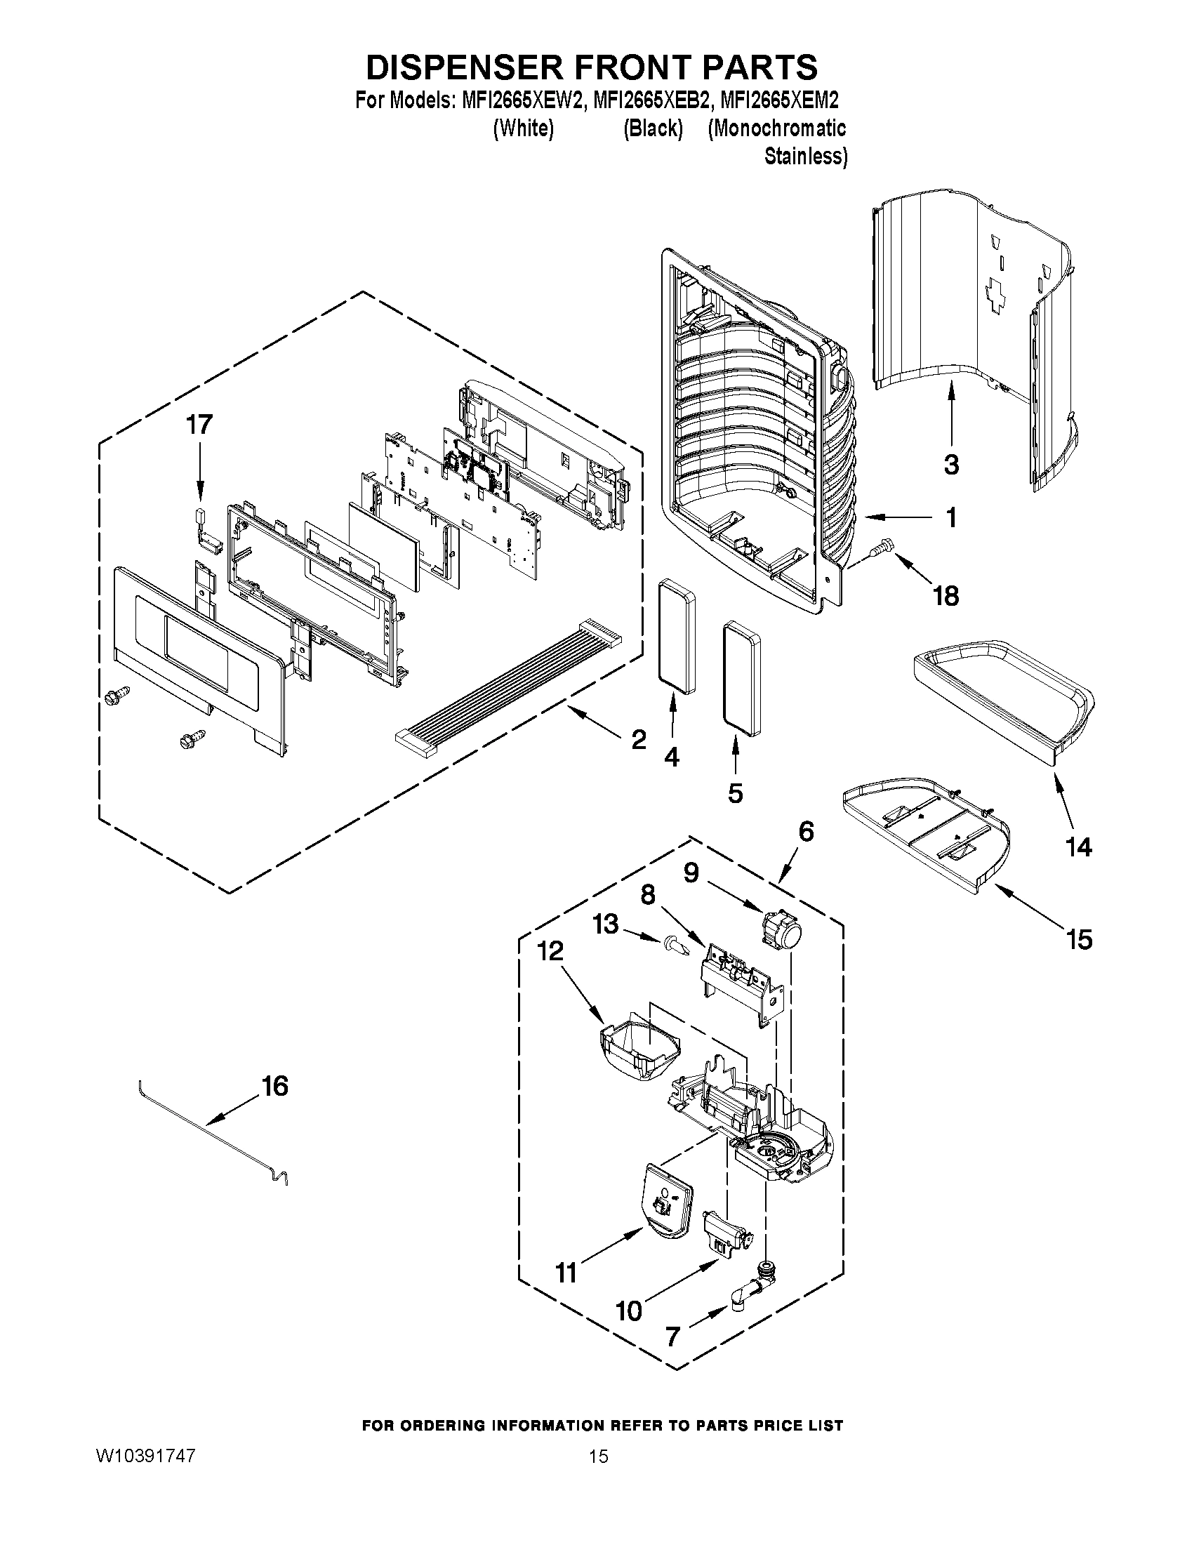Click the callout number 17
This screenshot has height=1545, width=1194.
pyautogui.click(x=199, y=425)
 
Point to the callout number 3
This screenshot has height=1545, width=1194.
pyautogui.click(x=951, y=465)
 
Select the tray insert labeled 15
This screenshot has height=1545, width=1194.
pyautogui.click(x=927, y=838)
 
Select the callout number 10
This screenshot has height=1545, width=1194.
pyautogui.click(x=629, y=1311)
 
